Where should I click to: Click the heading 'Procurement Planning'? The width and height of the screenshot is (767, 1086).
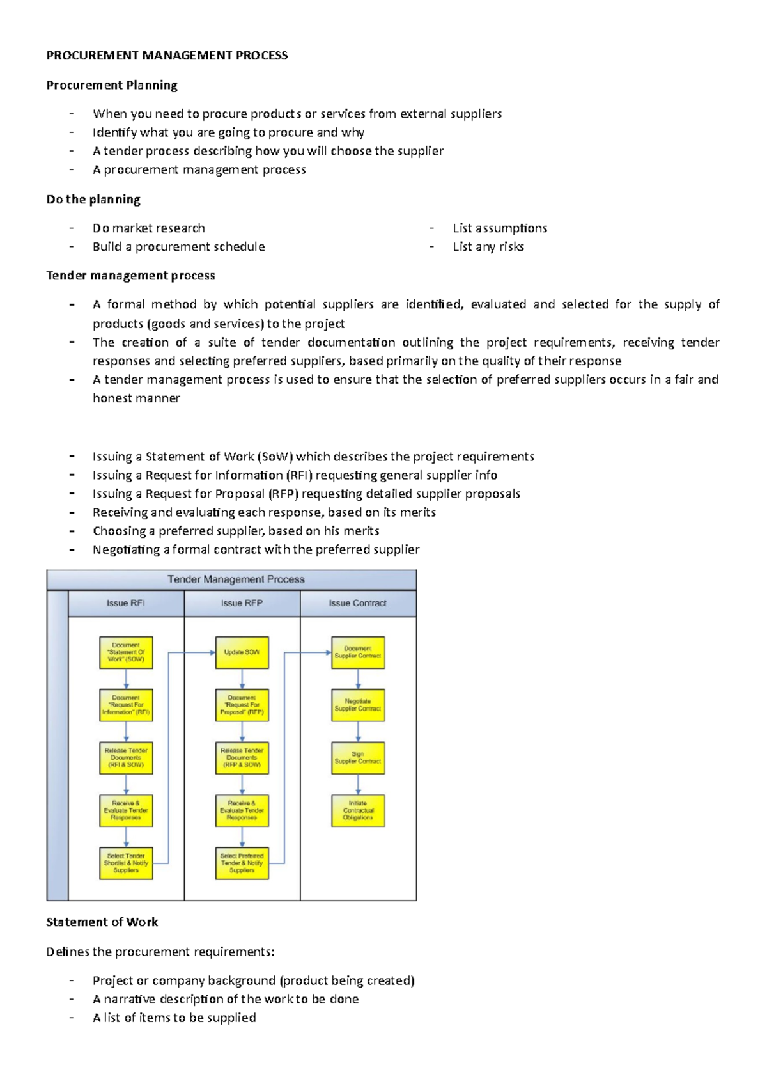pos(112,85)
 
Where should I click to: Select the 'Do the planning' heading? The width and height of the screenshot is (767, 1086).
pos(93,200)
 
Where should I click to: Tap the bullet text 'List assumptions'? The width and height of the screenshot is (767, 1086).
pos(500,228)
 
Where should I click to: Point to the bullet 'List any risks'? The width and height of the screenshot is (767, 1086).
pos(488,247)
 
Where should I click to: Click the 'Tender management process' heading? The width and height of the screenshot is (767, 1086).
pos(130,276)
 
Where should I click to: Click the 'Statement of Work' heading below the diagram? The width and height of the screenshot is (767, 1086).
pos(102,922)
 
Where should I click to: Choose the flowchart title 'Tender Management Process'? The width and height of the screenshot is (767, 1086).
pos(236,579)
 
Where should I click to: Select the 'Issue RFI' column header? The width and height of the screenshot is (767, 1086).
pos(125,603)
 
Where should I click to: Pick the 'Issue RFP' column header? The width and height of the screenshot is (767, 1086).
pos(242,603)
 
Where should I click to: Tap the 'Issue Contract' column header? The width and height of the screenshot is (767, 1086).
pos(357,603)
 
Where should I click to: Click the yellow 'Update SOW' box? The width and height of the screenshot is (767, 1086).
pos(242,652)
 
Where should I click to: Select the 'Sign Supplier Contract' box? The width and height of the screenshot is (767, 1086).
pos(358,758)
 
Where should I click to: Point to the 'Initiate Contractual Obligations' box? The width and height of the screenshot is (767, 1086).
pos(358,810)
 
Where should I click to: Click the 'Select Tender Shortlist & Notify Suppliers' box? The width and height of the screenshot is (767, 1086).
pos(126,863)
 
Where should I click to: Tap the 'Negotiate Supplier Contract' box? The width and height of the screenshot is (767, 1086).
pos(358,705)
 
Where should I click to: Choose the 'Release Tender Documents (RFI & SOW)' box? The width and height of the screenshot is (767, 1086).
pos(126,758)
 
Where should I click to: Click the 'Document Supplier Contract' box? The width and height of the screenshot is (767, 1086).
pos(358,652)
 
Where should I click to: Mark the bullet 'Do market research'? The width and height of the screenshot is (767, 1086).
pos(149,228)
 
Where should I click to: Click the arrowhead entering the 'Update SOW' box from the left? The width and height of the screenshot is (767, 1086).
pos(212,653)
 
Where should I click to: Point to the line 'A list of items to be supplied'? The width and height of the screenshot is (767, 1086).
pos(174,1018)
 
